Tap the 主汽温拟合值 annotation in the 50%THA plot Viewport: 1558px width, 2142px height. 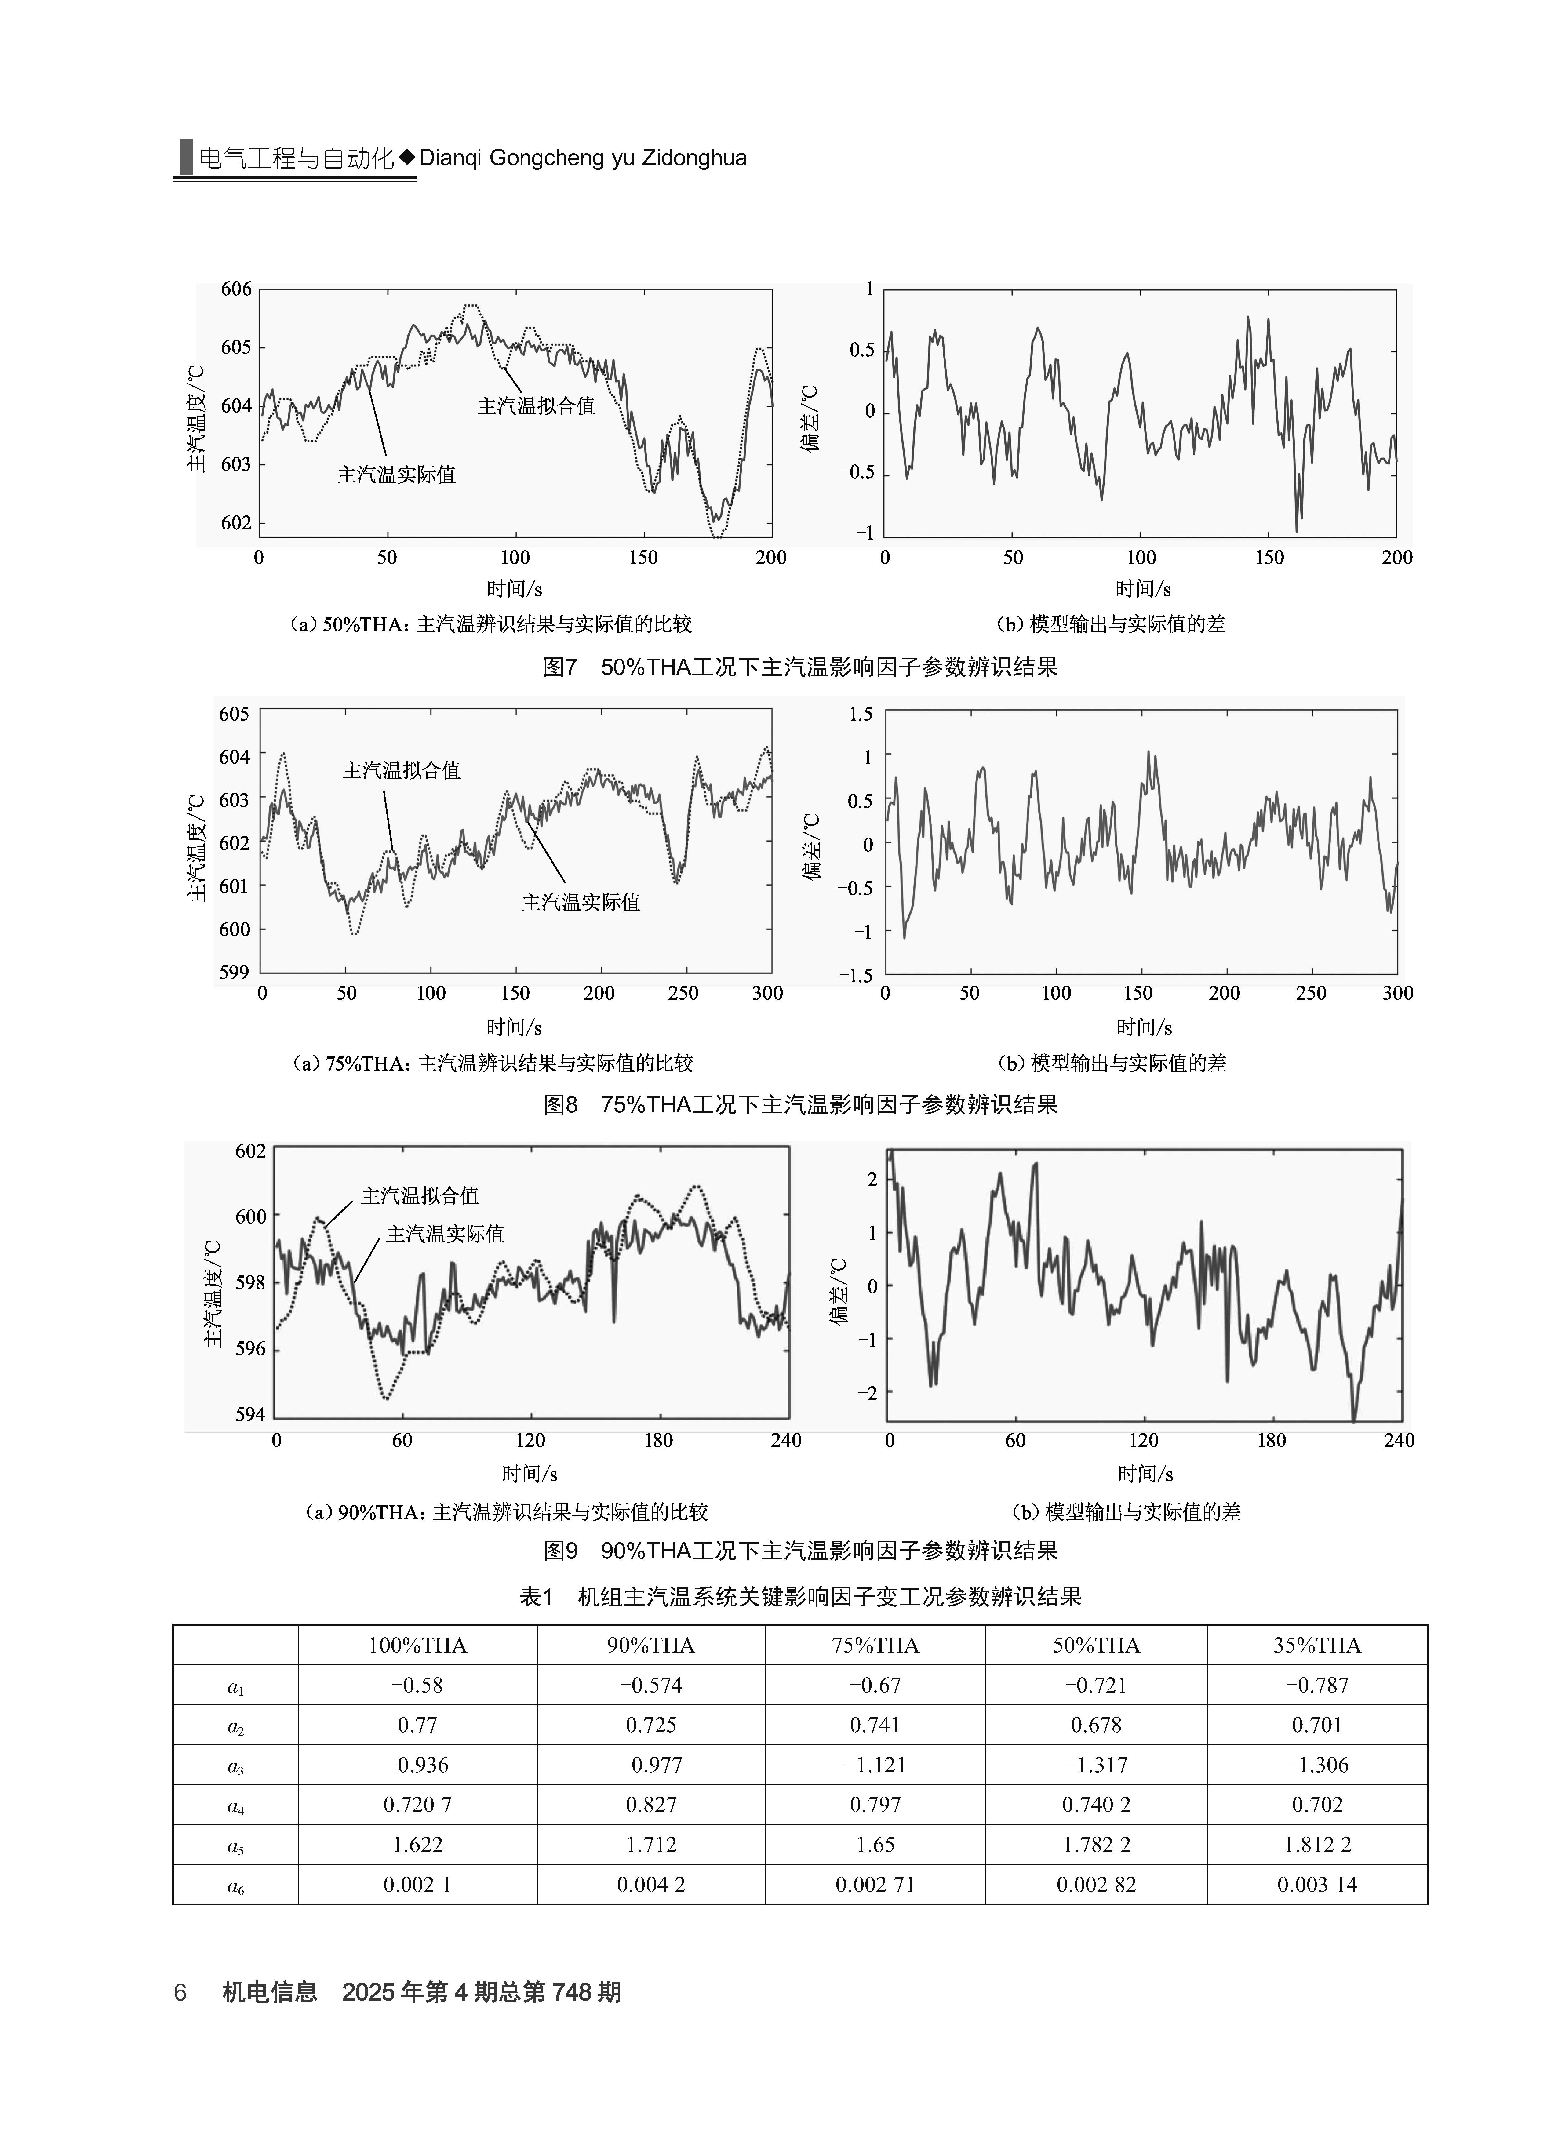point(536,406)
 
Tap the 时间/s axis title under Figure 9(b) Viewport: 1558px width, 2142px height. point(1145,1473)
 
